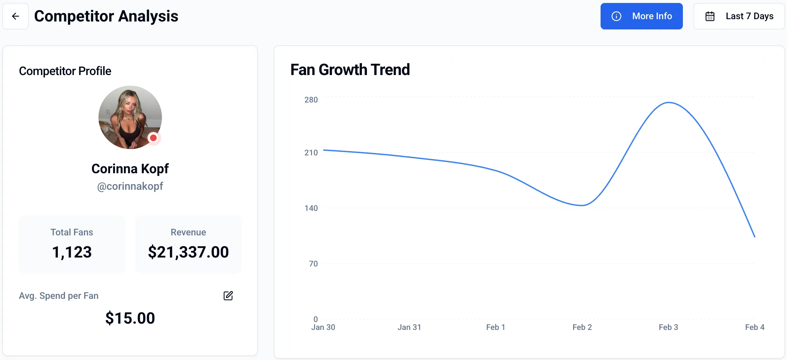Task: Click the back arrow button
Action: [16, 16]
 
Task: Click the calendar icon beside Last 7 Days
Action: [710, 16]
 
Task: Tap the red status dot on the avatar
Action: [153, 138]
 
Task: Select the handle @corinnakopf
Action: [130, 186]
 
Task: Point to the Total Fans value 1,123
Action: [72, 252]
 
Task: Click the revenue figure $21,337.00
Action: [188, 252]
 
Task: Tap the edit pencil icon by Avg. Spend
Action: [228, 296]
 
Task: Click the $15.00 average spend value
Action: [130, 318]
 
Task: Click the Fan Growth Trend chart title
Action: [350, 70]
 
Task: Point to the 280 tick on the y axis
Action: [311, 100]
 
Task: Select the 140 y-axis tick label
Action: [311, 208]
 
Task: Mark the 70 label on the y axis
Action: [313, 264]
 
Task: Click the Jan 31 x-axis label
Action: [409, 327]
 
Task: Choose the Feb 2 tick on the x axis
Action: [582, 327]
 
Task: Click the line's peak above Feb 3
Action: [669, 102]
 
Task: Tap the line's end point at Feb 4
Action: [755, 237]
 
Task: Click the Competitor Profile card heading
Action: [65, 71]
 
